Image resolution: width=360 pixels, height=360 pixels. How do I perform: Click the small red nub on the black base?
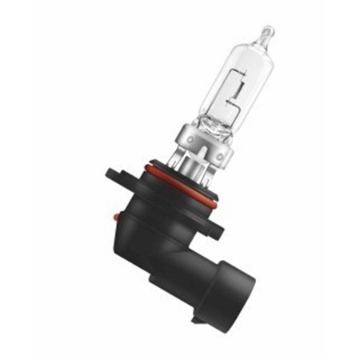coord(117,215)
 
